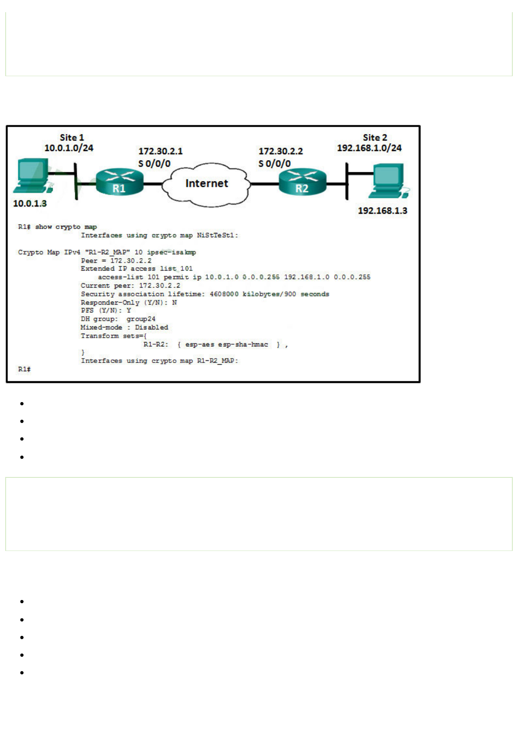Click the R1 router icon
[x=119, y=181]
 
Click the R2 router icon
[x=302, y=181]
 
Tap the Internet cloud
[x=206, y=183]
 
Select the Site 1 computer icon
[x=33, y=176]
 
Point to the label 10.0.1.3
[x=30, y=203]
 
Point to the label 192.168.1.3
[x=382, y=211]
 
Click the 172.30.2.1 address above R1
[x=160, y=151]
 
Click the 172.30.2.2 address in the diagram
[x=280, y=151]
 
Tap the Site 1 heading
[x=72, y=138]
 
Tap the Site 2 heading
[x=375, y=138]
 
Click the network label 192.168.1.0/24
[x=369, y=148]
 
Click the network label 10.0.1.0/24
[x=69, y=148]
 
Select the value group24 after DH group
[x=141, y=319]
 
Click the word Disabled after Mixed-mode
[x=151, y=327]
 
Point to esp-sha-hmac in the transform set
[x=243, y=344]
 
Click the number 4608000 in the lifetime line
[x=224, y=294]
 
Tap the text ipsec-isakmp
[x=171, y=252]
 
